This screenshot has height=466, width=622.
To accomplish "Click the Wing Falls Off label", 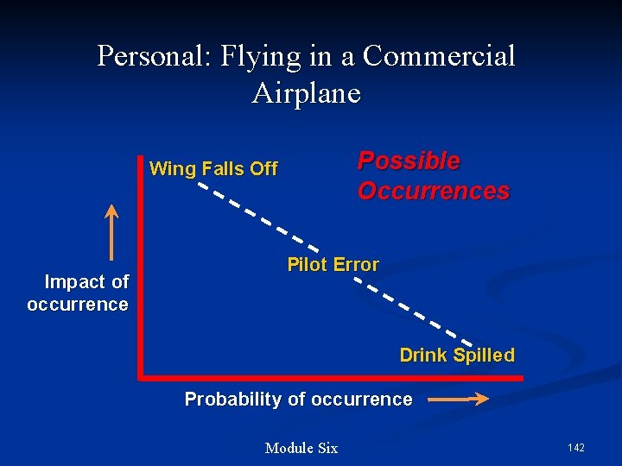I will (213, 169).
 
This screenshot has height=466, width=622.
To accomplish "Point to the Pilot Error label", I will (333, 265).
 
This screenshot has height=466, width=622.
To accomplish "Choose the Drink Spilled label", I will (456, 356).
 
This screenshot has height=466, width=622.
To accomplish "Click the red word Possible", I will (409, 161).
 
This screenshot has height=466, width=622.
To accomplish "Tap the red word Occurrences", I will (434, 192).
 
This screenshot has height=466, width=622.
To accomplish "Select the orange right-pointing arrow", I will (458, 400).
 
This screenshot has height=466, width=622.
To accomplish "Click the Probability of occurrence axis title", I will (298, 400).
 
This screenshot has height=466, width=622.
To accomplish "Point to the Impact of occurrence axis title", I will (79, 293).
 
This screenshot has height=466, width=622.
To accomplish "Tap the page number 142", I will (576, 447).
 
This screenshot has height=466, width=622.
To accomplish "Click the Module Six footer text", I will (301, 448).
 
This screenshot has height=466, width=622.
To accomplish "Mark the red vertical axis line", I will (139, 268).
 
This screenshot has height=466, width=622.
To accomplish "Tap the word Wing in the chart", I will (172, 169).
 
